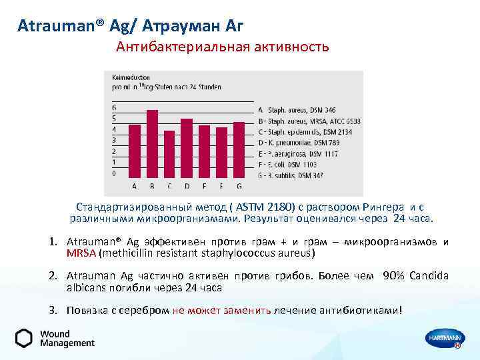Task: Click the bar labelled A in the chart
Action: [x=135, y=149]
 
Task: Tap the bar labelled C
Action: [x=169, y=153]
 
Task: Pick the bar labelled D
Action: [x=187, y=147]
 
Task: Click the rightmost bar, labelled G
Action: [x=239, y=148]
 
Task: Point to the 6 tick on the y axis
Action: [x=114, y=108]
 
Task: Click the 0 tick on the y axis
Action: [x=114, y=173]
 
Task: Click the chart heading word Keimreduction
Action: [x=130, y=77]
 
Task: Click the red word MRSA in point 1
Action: [x=81, y=253]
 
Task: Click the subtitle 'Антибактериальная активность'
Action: [x=223, y=47]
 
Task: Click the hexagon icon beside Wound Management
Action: [x=24, y=338]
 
